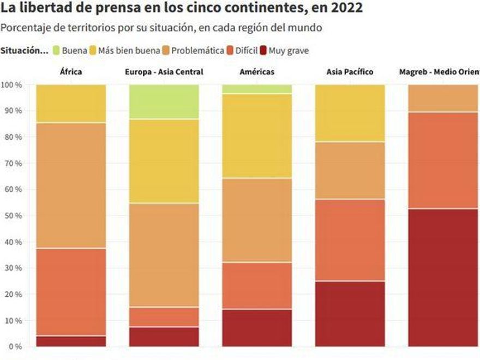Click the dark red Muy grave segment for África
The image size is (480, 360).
click(x=71, y=341)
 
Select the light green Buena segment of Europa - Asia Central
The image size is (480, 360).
click(x=164, y=101)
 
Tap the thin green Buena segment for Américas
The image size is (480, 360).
click(x=257, y=89)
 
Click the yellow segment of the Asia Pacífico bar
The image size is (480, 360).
click(x=350, y=113)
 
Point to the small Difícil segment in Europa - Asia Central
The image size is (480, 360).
click(x=164, y=317)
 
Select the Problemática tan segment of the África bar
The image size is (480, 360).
click(x=71, y=185)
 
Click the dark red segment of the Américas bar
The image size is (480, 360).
click(x=257, y=327)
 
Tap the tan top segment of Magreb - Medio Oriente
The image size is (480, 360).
click(x=443, y=98)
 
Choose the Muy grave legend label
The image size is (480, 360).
click(x=289, y=51)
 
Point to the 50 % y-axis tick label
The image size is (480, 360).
click(x=11, y=215)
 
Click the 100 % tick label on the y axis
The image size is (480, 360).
click(x=11, y=85)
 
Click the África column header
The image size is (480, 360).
click(x=71, y=71)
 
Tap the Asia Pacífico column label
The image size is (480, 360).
click(x=350, y=71)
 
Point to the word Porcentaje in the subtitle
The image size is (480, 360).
click(x=25, y=28)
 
